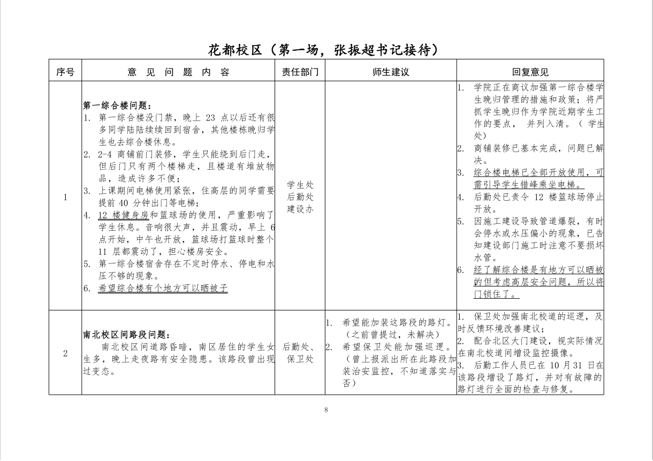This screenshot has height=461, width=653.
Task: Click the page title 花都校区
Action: coord(234,50)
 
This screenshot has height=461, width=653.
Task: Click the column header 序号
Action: coord(65,72)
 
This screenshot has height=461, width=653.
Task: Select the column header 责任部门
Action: coord(300,72)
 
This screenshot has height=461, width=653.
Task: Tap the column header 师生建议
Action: coord(391,72)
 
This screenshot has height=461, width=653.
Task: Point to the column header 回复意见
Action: coord(530,72)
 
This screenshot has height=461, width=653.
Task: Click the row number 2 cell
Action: coord(65,353)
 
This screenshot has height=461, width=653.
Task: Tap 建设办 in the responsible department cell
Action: coord(300,209)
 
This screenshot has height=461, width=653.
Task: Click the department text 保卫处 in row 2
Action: coord(300,359)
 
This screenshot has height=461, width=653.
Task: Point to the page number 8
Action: coord(326,410)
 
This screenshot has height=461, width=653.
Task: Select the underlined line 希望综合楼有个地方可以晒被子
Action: coord(163,288)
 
